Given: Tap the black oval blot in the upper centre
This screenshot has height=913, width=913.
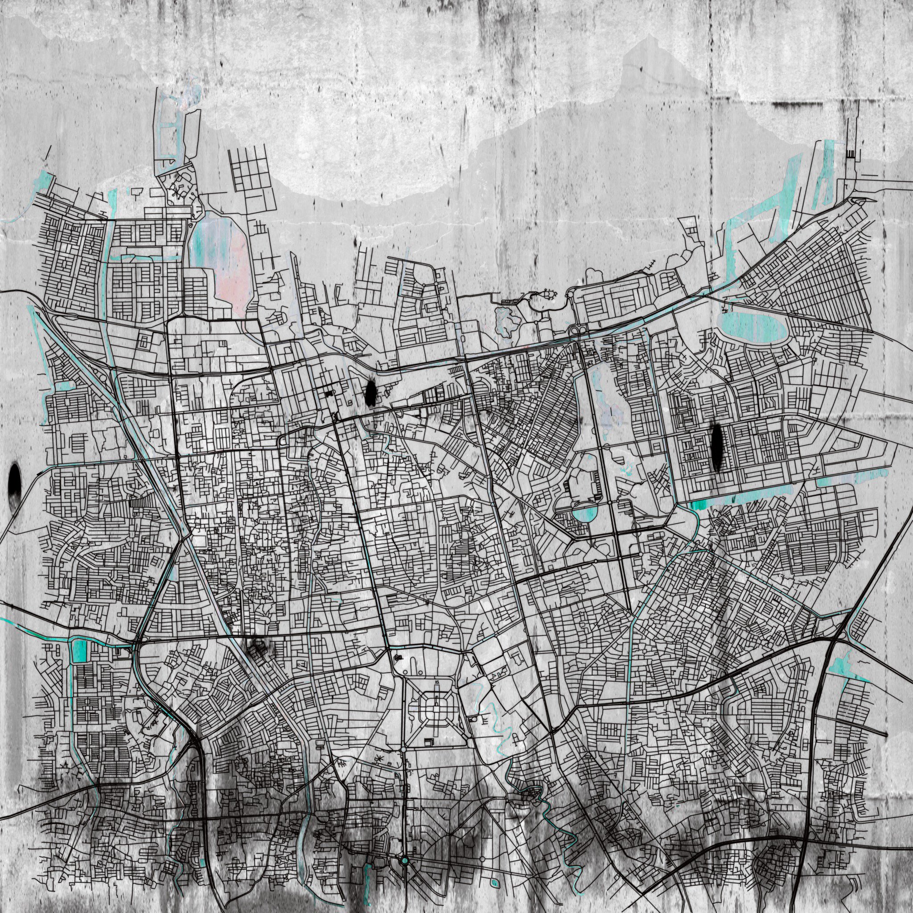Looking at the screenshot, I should [370, 393].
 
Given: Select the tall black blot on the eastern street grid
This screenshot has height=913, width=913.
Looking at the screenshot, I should [717, 448].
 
